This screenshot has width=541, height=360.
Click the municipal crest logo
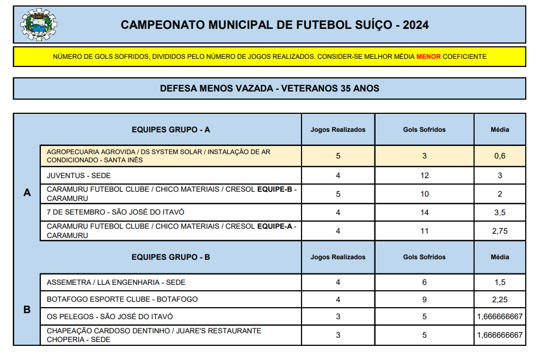[38, 25]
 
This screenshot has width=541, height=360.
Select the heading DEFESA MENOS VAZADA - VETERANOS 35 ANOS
[269, 88]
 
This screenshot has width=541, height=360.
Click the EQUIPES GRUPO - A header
[171, 130]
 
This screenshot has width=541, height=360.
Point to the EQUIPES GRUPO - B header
[171, 257]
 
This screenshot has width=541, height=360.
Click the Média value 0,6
[500, 156]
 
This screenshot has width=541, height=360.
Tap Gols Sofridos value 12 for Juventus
[424, 175]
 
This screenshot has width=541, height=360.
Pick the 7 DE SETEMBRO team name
[112, 212]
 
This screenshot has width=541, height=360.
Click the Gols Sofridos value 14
[424, 212]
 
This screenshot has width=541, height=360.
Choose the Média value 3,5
[500, 212]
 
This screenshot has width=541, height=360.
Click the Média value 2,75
[500, 231]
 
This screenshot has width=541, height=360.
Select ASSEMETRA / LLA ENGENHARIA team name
[116, 282]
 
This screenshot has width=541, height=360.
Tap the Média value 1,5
[500, 282]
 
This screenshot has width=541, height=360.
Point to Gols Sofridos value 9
[424, 299]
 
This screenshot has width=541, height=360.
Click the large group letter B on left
[27, 309]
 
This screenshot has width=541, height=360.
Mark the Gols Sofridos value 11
[424, 231]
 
